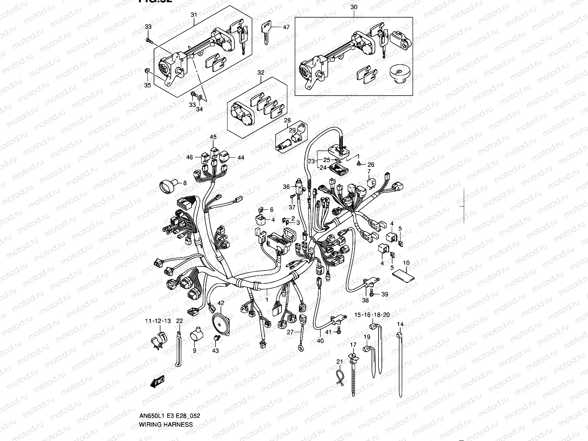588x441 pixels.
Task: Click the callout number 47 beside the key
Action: point(286,27)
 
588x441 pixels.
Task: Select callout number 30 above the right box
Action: point(354,7)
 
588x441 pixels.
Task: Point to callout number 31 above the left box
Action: point(194,15)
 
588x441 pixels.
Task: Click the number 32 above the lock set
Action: point(261,72)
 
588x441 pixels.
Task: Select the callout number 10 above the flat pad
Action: point(406,263)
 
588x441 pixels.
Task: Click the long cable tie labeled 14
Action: point(401,367)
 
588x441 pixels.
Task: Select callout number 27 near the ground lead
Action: point(290,332)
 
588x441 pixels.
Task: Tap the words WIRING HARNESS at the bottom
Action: point(166,424)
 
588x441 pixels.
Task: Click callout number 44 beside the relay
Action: point(241,157)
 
